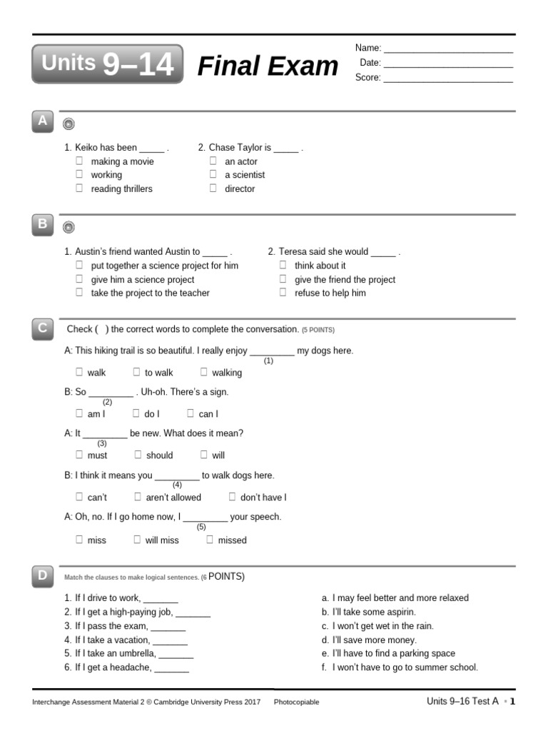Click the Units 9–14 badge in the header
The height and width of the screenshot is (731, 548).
click(107, 64)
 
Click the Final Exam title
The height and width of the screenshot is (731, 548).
click(268, 66)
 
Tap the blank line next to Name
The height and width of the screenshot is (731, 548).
click(448, 49)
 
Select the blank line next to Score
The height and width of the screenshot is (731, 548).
click(448, 78)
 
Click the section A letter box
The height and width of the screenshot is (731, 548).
click(43, 122)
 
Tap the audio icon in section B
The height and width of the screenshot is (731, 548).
click(68, 228)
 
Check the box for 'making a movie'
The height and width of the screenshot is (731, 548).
click(80, 161)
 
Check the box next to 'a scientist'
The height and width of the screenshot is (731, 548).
click(213, 174)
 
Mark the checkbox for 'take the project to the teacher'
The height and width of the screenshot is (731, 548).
click(80, 293)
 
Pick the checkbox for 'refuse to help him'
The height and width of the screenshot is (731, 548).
click(283, 293)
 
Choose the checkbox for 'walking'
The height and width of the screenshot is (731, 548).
click(204, 372)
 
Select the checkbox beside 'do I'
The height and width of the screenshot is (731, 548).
click(136, 413)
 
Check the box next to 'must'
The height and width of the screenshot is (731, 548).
click(80, 455)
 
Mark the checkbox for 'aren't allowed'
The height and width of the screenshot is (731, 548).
click(138, 497)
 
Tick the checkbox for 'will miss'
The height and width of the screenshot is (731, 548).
click(138, 540)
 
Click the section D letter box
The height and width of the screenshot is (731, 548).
click(43, 575)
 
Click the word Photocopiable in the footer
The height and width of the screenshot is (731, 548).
click(296, 702)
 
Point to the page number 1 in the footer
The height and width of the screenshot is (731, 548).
click(512, 702)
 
